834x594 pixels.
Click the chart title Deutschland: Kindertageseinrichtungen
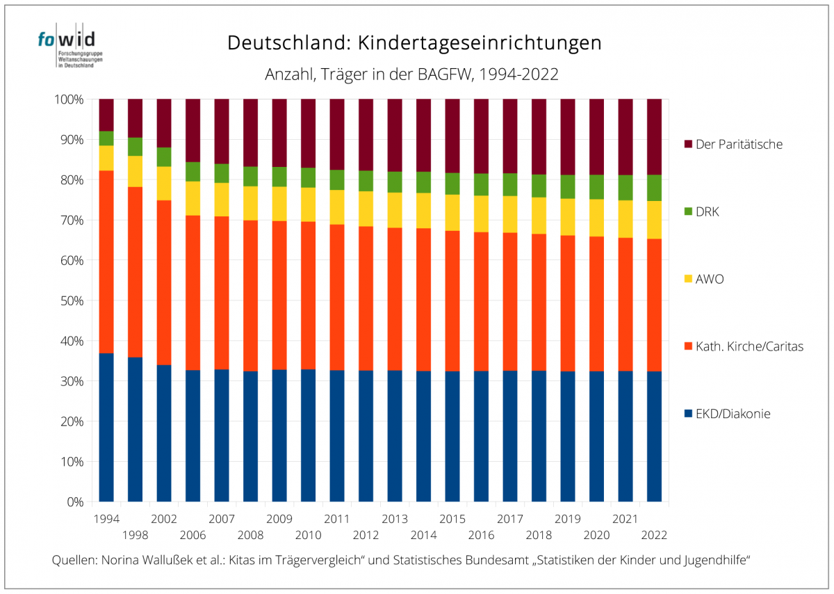414,43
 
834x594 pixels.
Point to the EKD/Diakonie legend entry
733,414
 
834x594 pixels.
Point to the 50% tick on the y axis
69,300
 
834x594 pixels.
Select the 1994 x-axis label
106,519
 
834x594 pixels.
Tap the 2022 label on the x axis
655,535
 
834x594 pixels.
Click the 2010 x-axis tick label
309,535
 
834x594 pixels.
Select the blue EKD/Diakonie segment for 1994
106,428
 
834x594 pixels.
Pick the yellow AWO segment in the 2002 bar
163,184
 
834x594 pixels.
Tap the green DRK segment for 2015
452,184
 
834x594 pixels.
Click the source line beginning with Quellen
401,561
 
